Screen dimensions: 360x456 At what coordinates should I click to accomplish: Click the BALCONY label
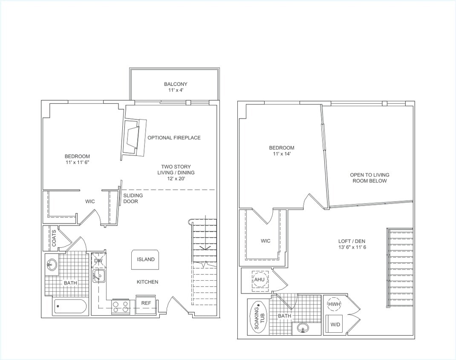(176, 84)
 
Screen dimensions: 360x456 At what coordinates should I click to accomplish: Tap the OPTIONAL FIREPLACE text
(174, 138)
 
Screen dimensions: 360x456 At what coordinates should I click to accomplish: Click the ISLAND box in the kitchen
(146, 259)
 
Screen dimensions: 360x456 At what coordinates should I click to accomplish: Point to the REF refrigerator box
(146, 304)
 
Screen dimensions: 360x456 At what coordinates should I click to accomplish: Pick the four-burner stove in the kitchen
(121, 307)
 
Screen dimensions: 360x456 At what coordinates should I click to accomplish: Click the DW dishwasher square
(99, 260)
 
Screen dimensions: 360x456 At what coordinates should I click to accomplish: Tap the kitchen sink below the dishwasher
(99, 276)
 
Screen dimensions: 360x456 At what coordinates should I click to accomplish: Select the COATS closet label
(54, 238)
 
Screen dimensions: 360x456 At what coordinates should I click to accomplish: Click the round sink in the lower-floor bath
(52, 264)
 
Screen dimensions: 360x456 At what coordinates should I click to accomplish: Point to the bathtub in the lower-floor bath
(71, 307)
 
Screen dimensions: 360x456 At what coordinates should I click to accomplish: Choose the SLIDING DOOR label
(133, 198)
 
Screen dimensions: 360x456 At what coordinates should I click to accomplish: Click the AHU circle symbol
(259, 280)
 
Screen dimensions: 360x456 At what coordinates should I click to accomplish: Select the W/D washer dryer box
(335, 325)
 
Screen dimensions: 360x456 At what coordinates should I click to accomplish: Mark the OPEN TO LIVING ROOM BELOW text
(369, 178)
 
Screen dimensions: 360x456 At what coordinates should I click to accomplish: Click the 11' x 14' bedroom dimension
(282, 154)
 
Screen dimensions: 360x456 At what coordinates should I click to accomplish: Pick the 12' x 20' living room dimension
(176, 179)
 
